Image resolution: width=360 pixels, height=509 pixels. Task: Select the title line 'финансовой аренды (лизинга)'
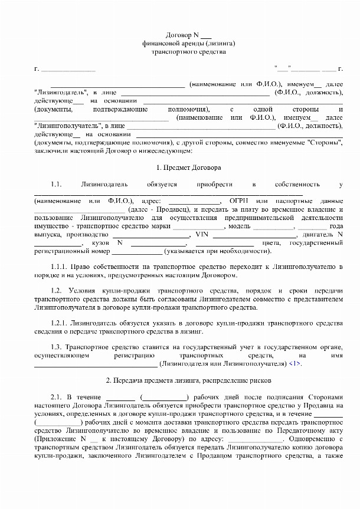[189, 43]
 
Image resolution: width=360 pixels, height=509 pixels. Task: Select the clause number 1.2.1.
[60, 324]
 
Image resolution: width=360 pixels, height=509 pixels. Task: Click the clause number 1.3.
[56, 347]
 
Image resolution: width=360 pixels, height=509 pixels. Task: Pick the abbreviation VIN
[201, 234]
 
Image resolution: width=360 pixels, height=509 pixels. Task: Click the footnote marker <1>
[295, 364]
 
